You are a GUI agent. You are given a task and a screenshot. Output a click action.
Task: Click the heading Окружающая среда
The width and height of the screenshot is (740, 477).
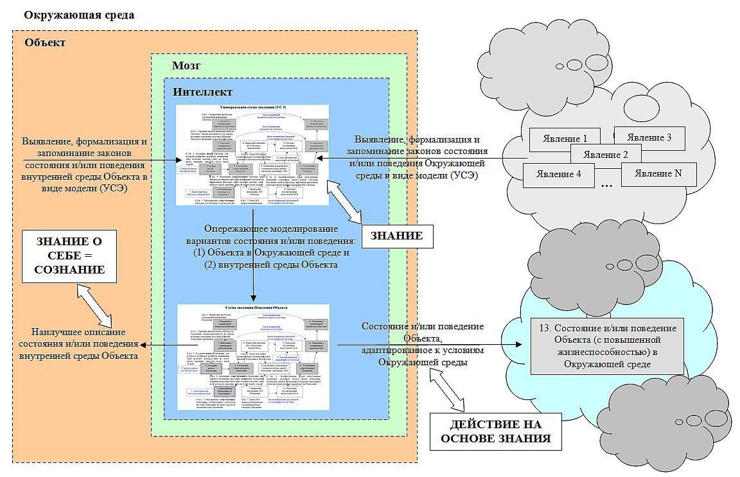point(78,15)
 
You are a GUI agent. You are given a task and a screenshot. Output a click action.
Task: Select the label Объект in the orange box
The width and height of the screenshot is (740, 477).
point(45,43)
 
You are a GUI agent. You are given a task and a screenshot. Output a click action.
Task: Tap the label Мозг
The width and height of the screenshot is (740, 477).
point(186,65)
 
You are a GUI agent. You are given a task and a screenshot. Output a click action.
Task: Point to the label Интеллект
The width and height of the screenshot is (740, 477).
point(202,92)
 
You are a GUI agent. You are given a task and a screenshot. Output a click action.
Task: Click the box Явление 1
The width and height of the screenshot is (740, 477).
point(565,139)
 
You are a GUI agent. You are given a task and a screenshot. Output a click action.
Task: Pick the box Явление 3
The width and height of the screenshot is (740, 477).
point(649,137)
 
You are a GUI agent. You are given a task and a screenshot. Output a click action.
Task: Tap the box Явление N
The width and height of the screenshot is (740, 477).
point(658,174)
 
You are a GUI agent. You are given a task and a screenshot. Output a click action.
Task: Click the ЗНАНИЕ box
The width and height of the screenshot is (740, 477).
point(396,236)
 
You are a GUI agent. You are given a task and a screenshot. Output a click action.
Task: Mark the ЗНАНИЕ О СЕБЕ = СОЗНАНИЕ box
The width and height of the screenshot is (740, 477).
point(69,256)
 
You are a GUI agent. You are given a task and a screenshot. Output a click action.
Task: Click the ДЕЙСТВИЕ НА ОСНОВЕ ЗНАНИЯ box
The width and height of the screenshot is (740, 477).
point(495,431)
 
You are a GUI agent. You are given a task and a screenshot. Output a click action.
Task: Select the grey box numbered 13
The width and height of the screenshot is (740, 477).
point(607,346)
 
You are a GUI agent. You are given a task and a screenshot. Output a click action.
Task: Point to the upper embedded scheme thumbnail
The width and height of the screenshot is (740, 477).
point(252,155)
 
